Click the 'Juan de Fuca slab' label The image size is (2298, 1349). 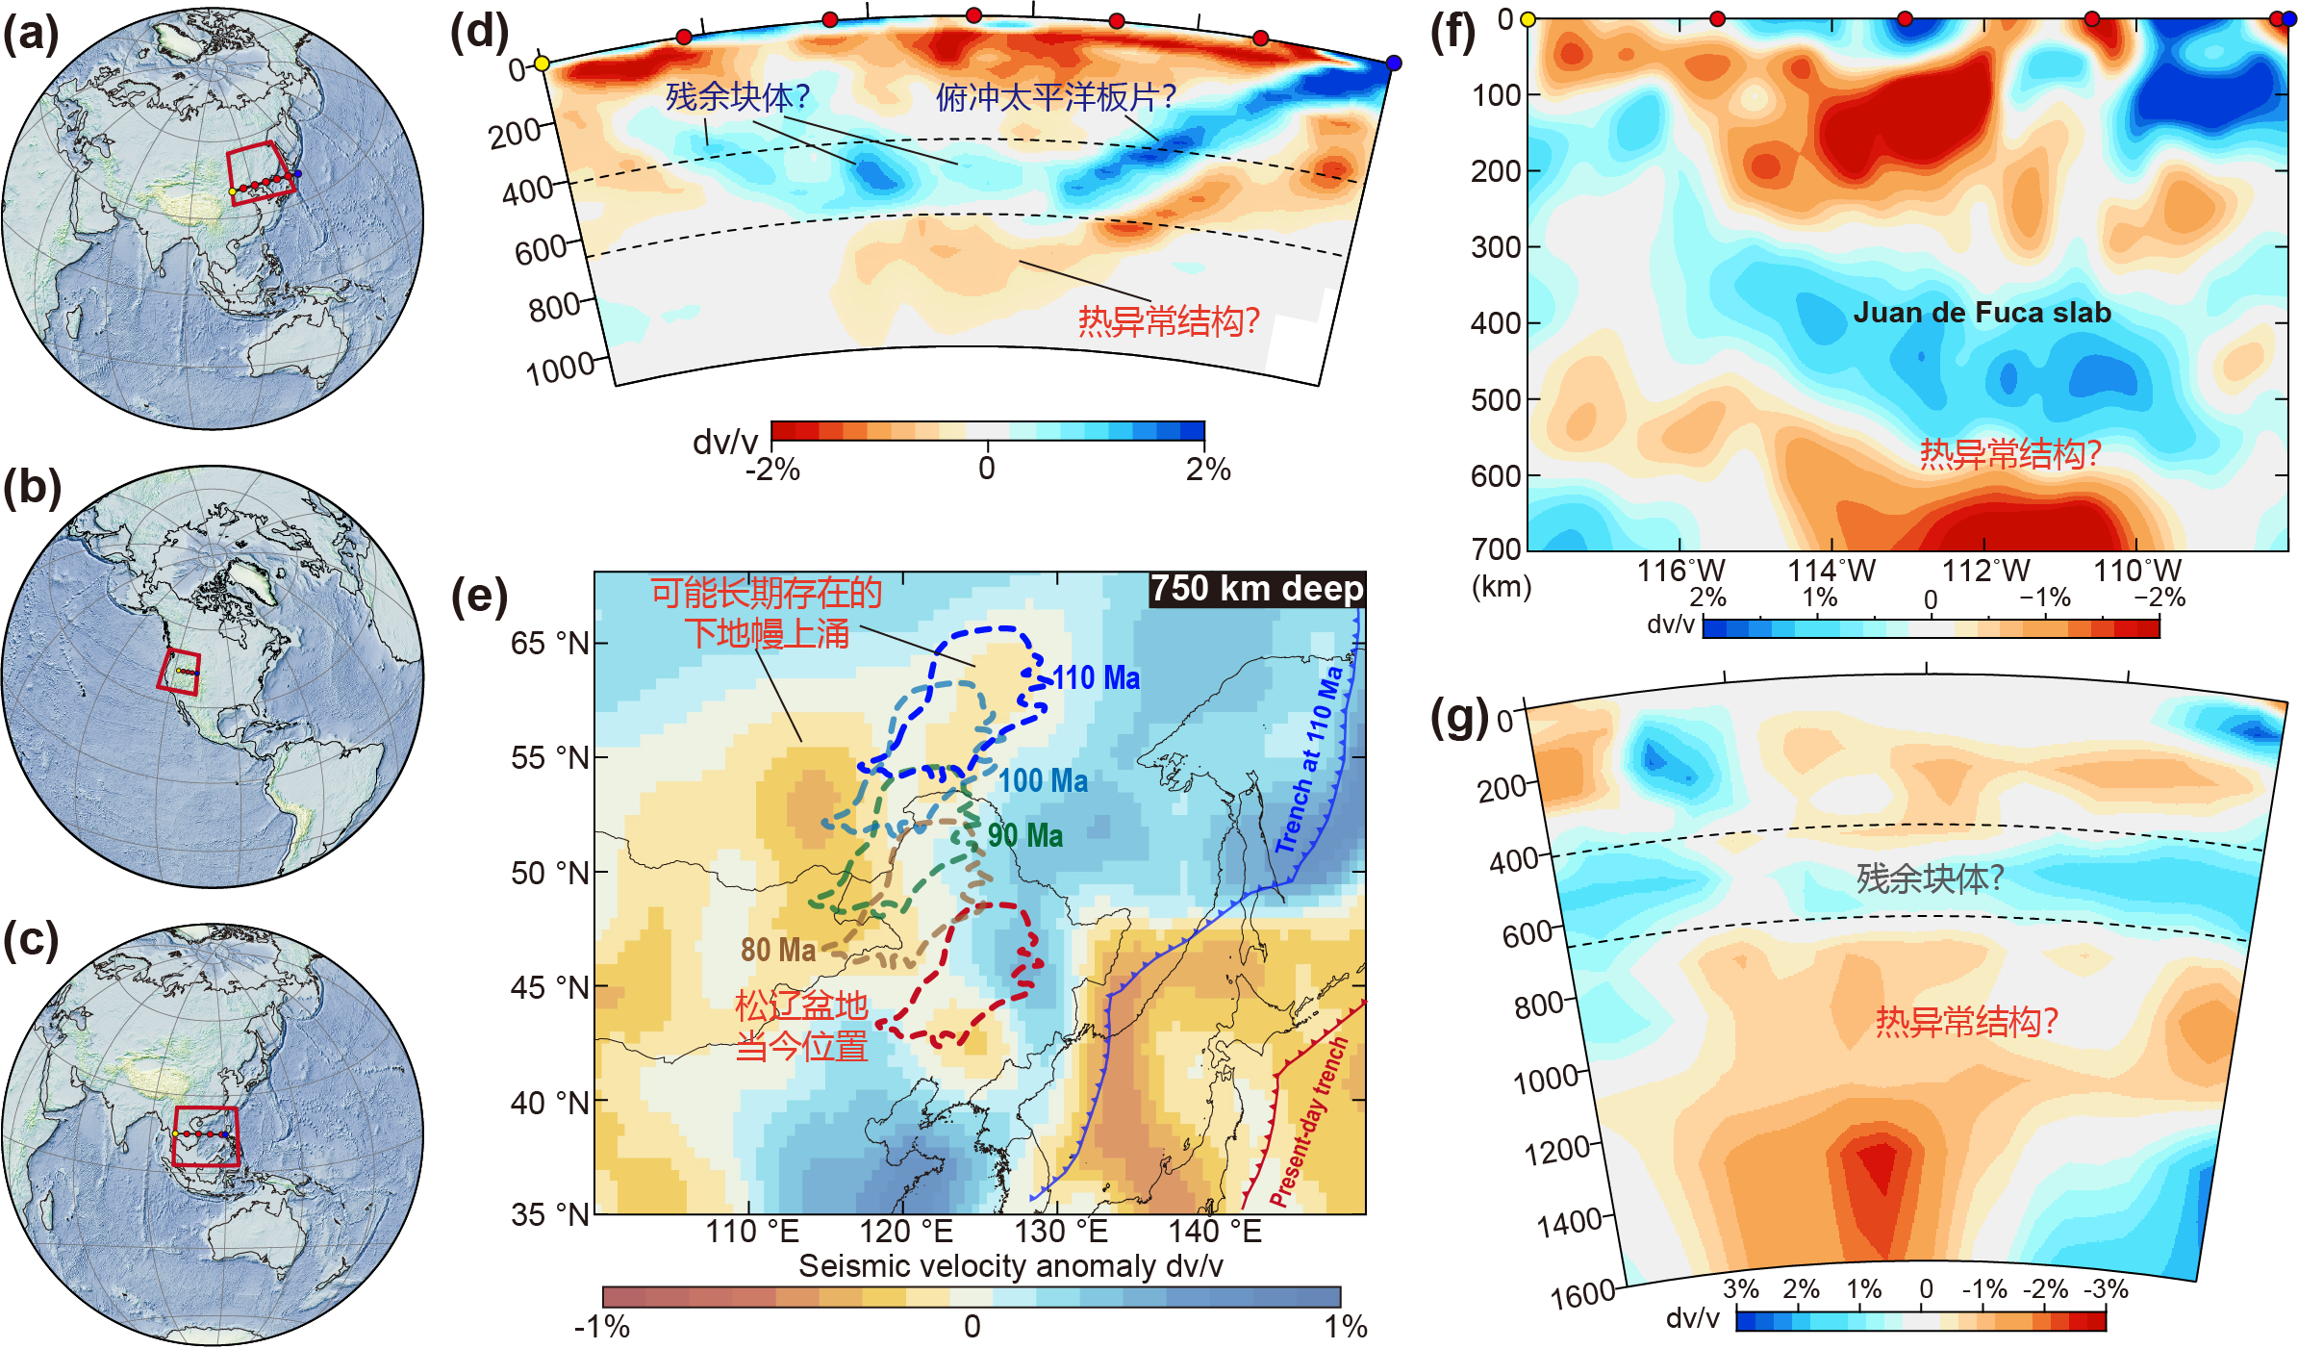(x=1982, y=313)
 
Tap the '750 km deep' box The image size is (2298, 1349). (x=1256, y=588)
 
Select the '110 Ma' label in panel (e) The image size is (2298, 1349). (x=1096, y=678)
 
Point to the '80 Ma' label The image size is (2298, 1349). (x=777, y=951)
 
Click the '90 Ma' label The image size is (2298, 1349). (x=1025, y=835)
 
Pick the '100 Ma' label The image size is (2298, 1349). (x=1043, y=780)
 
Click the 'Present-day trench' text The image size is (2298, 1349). (x=1308, y=1122)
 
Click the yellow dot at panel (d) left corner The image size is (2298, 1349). (x=542, y=64)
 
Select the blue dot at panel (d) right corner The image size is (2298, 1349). (x=1394, y=64)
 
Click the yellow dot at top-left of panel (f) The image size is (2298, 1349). (x=1528, y=18)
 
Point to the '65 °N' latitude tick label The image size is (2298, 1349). (x=550, y=643)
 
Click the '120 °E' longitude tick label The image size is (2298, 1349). (x=905, y=1231)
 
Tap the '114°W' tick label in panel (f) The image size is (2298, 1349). (x=1831, y=571)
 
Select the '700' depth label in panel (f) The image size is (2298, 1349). (x=1497, y=548)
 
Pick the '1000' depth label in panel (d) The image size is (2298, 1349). (x=561, y=369)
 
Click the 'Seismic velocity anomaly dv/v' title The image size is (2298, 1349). (x=1010, y=1266)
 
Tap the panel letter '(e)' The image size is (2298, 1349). (x=479, y=597)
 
